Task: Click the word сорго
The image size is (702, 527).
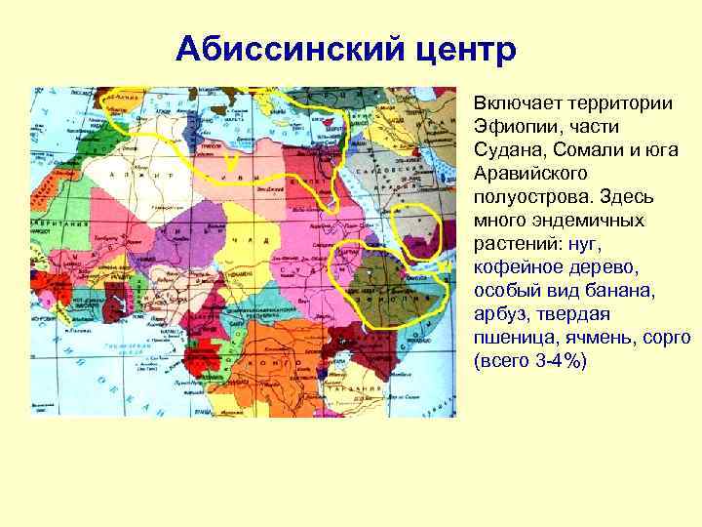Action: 668,338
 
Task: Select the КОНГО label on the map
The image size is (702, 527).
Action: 280,358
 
